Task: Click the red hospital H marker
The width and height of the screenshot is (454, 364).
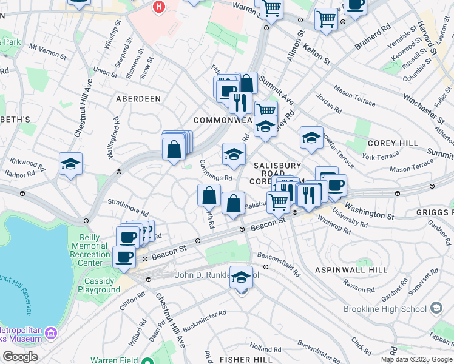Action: coord(159,7)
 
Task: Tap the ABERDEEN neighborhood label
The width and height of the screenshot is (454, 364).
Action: coord(139,99)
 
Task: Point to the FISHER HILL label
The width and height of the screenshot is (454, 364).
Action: coord(246,360)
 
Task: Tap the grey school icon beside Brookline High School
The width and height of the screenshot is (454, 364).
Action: coord(436,309)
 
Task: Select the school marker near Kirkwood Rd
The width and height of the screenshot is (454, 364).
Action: coord(71,164)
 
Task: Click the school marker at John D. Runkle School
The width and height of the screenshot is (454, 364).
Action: coord(242,278)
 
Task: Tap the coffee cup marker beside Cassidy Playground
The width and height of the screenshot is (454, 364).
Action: coord(124,256)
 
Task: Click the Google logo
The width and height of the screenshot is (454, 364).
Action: coord(21,357)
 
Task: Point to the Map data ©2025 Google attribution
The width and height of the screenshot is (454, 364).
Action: coord(416,359)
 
